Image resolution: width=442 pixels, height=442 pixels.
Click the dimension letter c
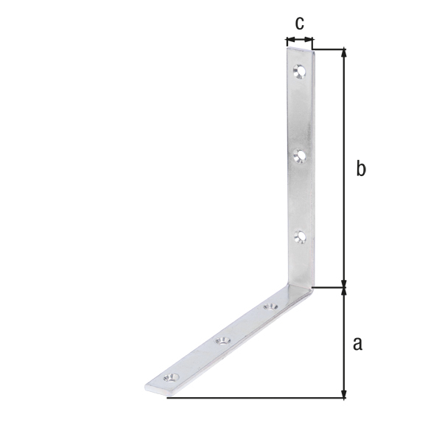coord(298,24)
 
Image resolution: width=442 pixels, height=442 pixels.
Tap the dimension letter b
coord(360,169)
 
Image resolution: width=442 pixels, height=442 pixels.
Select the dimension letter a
coord(358,343)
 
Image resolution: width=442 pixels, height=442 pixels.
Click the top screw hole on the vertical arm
coord(298,71)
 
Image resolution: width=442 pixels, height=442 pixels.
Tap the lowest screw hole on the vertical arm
coord(299,236)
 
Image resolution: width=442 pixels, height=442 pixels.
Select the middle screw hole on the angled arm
coord(222,340)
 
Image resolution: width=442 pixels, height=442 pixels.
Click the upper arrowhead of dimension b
coord(343,54)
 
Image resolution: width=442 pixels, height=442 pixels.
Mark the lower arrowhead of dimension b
coord(343,284)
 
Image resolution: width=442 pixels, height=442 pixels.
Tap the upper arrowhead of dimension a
coord(343,292)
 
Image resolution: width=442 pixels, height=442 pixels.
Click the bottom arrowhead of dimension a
coord(343,394)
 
